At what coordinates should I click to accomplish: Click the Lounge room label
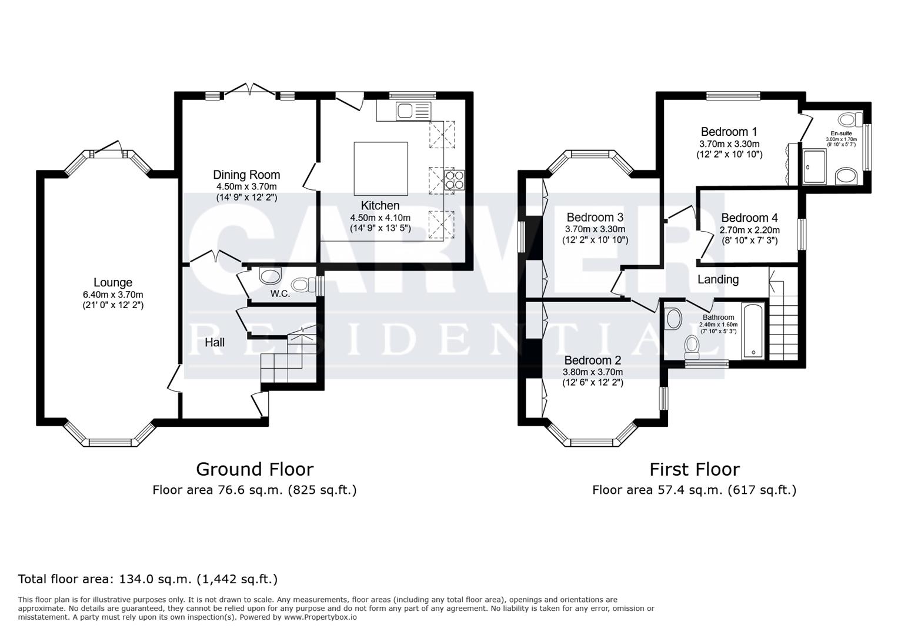(112, 283)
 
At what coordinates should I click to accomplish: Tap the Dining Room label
(246, 175)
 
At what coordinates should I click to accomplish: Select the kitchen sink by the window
(405, 110)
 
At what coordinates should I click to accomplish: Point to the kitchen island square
(380, 169)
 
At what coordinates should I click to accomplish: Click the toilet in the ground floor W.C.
(302, 285)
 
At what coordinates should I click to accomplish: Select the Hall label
(215, 342)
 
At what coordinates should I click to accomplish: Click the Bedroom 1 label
(729, 132)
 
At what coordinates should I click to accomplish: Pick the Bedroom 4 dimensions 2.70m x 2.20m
(749, 230)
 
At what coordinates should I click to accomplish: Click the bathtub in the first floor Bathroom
(753, 331)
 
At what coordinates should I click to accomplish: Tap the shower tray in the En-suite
(814, 166)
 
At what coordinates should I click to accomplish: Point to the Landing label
(717, 279)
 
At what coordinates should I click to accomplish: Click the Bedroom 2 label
(592, 360)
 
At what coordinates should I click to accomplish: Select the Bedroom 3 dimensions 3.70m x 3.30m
(595, 229)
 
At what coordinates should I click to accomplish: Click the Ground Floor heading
(254, 469)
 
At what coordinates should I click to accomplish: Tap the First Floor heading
(694, 469)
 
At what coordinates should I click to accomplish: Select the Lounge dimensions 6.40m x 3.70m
(113, 295)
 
